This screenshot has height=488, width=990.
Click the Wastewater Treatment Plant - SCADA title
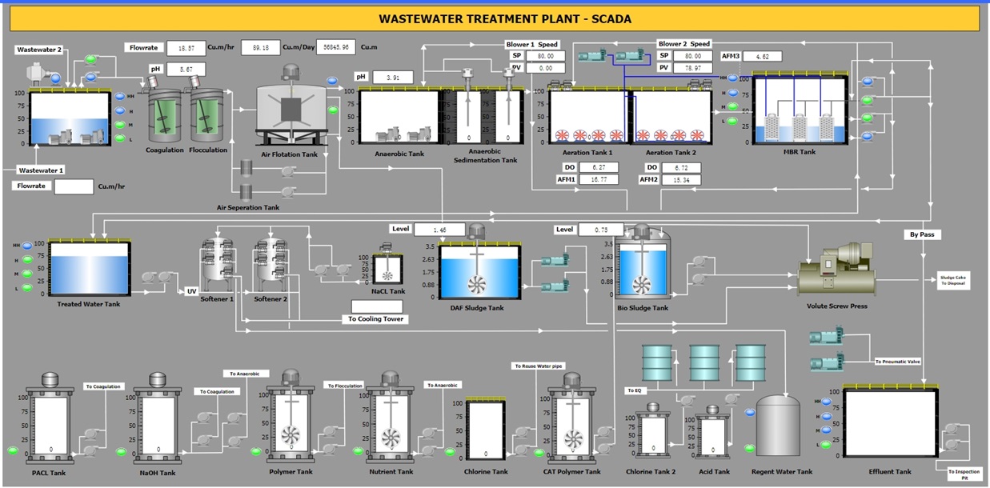point(494,18)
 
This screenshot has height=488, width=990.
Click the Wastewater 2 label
point(39,50)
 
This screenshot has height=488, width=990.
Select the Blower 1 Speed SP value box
point(545,56)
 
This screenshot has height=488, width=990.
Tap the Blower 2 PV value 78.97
point(692,68)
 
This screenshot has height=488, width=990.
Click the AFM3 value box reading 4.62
point(762,57)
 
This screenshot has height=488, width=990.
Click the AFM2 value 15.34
point(681,180)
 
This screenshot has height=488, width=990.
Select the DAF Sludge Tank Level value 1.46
point(439,230)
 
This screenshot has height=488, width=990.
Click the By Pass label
point(924,234)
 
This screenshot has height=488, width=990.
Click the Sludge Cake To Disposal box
point(953,280)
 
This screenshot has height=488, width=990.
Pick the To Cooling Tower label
point(376,319)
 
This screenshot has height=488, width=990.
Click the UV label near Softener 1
point(191,290)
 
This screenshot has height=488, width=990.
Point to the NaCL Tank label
point(388,291)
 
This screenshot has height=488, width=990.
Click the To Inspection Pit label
point(964,474)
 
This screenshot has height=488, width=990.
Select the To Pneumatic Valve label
point(897,362)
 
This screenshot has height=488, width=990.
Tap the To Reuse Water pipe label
point(539,366)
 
